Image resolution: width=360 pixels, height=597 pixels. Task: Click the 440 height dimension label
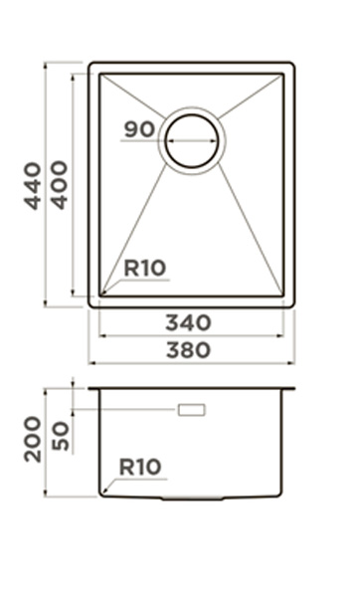tap(33, 186)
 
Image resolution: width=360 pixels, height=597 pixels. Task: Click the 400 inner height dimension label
tap(60, 185)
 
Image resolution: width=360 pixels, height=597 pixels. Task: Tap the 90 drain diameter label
tap(139, 129)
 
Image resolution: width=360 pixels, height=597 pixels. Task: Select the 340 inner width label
tap(188, 322)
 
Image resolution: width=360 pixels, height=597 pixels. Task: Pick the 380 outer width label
tap(188, 350)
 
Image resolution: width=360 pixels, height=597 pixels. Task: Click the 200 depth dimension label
tap(33, 440)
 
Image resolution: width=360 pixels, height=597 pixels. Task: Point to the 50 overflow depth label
tap(60, 437)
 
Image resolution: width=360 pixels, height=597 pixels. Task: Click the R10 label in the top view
tap(145, 268)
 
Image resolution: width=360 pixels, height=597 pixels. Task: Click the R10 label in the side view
tap(140, 467)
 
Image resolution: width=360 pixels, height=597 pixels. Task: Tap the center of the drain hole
tap(192, 141)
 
